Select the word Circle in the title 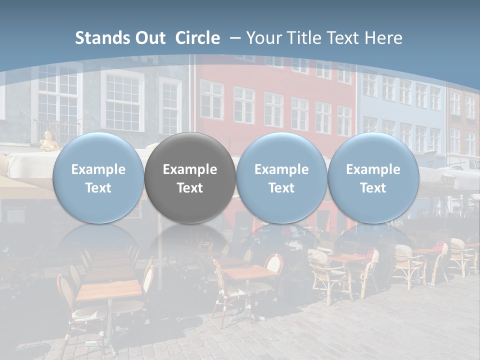197,38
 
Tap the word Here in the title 384,38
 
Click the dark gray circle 190,177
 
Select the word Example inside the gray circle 190,169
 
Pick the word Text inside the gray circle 190,188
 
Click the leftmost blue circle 98,177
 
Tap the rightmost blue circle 373,177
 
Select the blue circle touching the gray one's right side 281,177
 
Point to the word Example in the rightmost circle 373,169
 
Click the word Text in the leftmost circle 98,188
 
